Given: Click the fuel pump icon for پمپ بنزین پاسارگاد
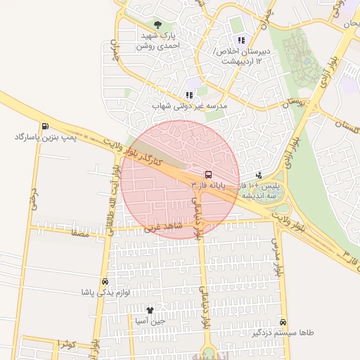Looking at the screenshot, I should (x=45, y=127).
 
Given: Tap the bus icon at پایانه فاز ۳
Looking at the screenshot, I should (x=208, y=174).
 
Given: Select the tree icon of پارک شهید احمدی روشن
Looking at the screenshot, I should (x=156, y=25).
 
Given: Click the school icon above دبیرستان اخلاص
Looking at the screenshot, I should (x=241, y=41).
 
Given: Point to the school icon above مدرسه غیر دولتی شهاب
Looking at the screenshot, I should (x=188, y=95).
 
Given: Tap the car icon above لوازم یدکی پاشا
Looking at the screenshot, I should (x=105, y=281).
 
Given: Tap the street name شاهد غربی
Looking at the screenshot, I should (x=163, y=228).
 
